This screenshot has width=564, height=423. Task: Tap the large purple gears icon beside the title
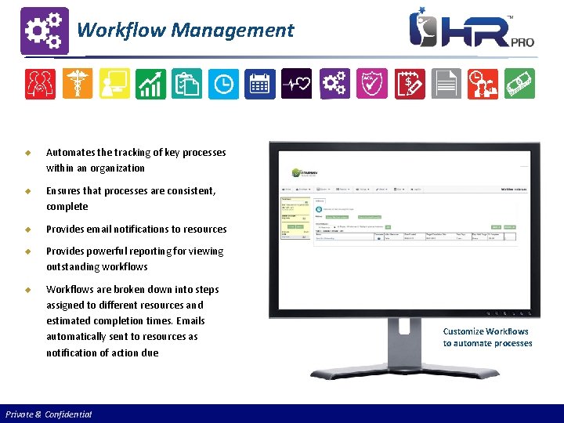[x=44, y=31]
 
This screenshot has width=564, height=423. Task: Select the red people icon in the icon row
[x=40, y=84]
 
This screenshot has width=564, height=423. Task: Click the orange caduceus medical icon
[x=77, y=84]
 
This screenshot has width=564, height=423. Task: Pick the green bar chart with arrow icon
[x=150, y=84]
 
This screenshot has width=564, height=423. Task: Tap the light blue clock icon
[x=223, y=84]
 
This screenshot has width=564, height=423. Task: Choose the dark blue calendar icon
[x=260, y=84]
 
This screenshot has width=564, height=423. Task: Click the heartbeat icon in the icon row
[x=297, y=84]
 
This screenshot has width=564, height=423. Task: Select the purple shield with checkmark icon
[x=371, y=84]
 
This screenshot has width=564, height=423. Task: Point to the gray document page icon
[x=446, y=84]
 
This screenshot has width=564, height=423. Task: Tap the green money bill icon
[x=519, y=84]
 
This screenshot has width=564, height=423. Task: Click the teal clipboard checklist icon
[x=186, y=84]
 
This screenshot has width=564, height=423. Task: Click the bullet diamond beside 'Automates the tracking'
[x=27, y=153]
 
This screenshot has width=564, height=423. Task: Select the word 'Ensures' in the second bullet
[x=64, y=190]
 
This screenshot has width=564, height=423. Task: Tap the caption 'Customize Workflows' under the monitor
[x=486, y=331]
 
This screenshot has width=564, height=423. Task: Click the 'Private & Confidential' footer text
[x=49, y=414]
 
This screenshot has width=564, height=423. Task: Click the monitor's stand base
[x=399, y=392]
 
